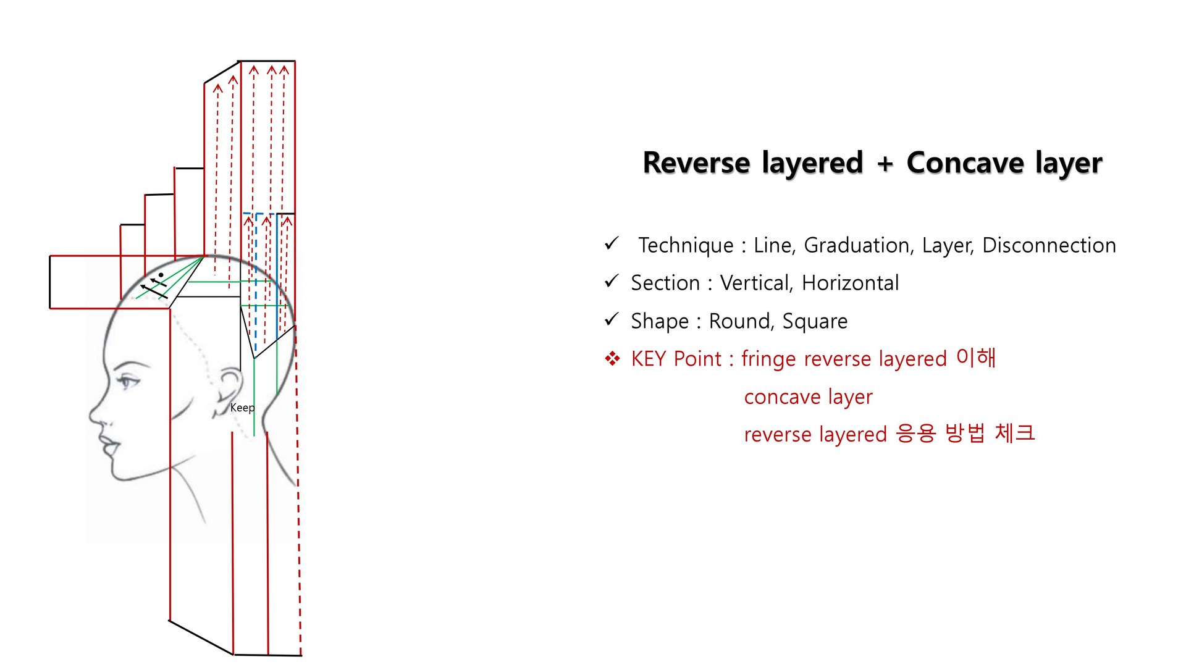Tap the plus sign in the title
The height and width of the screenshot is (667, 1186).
885,164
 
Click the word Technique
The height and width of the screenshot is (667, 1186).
686,246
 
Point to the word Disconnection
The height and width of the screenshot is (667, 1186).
1049,245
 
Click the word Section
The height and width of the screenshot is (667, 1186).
665,283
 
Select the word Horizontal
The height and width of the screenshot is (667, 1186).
850,283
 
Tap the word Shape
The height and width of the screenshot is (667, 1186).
659,322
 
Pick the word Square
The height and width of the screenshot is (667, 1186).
815,322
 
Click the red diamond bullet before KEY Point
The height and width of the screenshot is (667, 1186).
612,359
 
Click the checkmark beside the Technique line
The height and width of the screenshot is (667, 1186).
612,244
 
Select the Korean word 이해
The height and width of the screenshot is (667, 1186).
976,358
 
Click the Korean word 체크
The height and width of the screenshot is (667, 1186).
1014,434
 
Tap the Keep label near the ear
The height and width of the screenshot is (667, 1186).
242,408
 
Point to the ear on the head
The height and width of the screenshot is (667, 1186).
230,389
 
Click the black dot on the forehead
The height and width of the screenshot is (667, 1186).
161,275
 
